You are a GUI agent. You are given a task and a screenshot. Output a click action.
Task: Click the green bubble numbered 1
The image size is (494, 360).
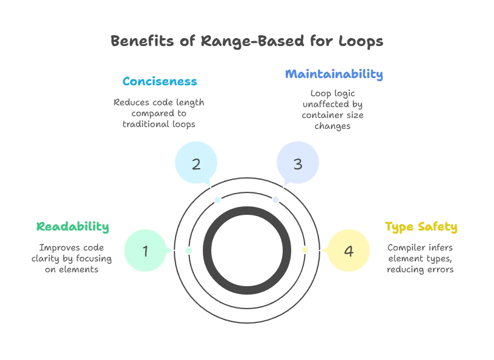(x=145, y=250)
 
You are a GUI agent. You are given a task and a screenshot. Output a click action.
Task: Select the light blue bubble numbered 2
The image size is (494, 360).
(x=196, y=163)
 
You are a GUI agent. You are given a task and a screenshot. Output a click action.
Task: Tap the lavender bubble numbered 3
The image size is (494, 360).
(x=297, y=163)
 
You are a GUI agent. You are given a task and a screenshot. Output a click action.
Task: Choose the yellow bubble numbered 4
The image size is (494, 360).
(x=348, y=250)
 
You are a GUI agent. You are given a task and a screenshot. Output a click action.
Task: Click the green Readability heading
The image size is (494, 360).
(x=73, y=227)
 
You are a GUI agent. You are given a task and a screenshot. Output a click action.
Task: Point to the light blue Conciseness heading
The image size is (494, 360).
(x=160, y=80)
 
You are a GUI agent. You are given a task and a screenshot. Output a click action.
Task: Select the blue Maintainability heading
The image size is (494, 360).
(x=334, y=75)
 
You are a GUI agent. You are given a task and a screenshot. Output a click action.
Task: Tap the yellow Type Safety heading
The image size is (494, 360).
(x=421, y=227)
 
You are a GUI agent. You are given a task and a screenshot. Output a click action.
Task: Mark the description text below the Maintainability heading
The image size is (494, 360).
(x=334, y=110)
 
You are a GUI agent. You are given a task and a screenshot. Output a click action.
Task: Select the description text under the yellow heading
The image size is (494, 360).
(x=421, y=258)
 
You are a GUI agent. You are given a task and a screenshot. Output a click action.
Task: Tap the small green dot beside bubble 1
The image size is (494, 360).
(x=189, y=250)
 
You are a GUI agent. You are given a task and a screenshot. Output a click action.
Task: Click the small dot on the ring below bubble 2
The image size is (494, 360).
(x=218, y=199)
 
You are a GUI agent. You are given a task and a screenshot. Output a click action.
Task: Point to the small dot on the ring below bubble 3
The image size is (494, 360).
(x=275, y=199)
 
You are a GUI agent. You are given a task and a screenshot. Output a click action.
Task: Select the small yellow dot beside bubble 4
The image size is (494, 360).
(x=305, y=250)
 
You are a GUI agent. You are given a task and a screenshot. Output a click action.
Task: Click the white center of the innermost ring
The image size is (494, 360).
(x=247, y=250)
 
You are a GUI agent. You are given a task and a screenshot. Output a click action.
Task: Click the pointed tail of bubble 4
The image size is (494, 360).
(x=323, y=250)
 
